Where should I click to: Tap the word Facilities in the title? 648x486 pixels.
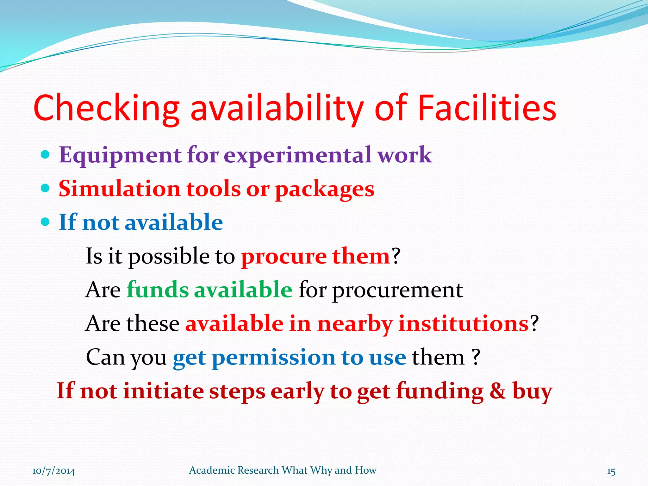(x=487, y=108)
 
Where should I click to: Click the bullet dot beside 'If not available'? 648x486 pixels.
(x=46, y=222)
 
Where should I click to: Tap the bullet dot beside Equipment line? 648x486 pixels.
(x=46, y=155)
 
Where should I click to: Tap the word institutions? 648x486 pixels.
(x=463, y=324)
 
